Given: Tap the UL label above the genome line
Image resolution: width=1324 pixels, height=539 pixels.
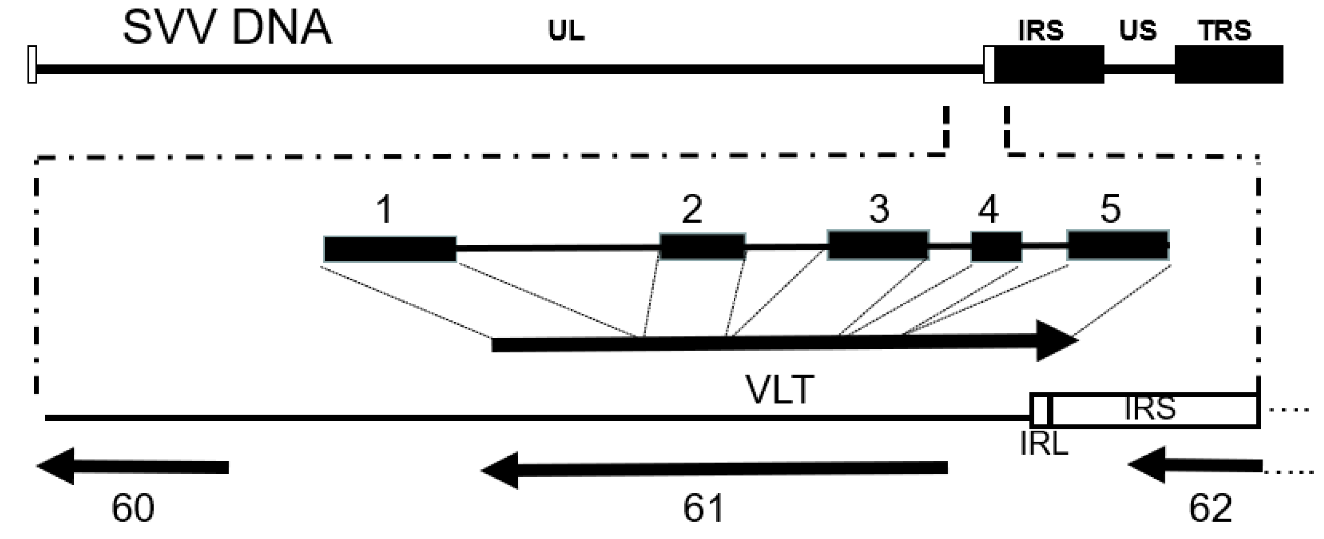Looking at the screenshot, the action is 566,31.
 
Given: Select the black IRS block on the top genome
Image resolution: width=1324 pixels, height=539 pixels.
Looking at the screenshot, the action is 1049,65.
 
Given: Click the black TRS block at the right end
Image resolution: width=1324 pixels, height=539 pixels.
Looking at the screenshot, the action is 1228,65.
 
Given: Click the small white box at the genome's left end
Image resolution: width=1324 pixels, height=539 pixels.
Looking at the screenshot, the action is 32,64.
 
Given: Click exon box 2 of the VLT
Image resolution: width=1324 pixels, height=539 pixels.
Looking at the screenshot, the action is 702,246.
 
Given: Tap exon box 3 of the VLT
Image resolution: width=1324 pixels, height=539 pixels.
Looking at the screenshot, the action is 878,245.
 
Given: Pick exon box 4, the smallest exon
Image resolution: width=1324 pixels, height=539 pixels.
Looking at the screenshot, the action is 996,246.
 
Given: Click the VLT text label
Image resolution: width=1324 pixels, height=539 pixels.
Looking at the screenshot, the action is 780,391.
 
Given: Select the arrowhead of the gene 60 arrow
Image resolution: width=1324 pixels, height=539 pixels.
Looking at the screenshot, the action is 57,466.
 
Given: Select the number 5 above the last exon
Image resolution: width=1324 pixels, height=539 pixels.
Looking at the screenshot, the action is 1110,209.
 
